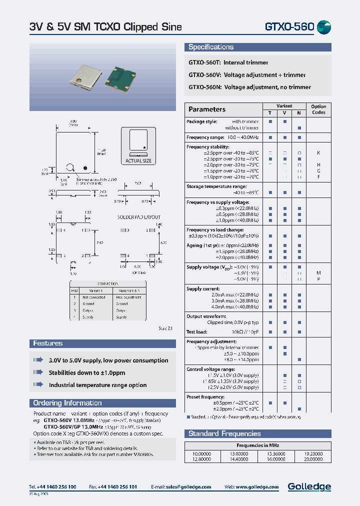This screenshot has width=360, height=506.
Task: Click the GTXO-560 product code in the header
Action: tap(289, 27)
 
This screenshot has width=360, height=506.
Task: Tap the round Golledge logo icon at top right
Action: tap(324, 27)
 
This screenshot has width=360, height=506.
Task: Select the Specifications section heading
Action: tap(211, 47)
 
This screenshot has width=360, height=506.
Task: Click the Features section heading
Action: tap(48, 343)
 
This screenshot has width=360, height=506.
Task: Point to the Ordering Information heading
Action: tap(67, 403)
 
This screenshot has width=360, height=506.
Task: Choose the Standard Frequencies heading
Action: tap(224, 433)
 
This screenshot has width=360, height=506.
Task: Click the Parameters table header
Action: tap(207, 109)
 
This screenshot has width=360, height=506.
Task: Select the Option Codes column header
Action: tap(318, 109)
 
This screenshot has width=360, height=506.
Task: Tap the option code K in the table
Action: tap(318, 152)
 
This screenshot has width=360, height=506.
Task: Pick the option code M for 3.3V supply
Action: tap(318, 273)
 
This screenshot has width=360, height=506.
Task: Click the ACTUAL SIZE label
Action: tap(138, 161)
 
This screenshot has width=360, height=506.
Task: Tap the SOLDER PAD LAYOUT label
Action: tap(138, 217)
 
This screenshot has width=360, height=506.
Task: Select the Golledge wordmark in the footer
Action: tap(309, 486)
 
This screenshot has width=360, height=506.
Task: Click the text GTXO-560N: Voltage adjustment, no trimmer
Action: tap(249, 87)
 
